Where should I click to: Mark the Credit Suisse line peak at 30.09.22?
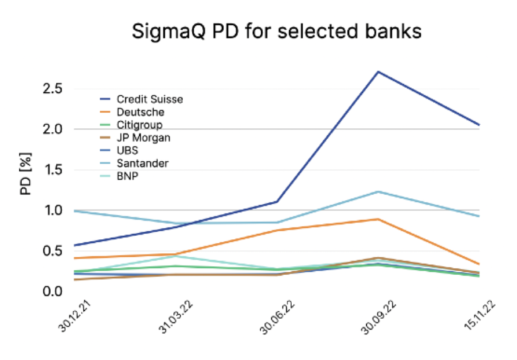click(378, 72)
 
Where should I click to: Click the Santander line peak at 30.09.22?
click(378, 192)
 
